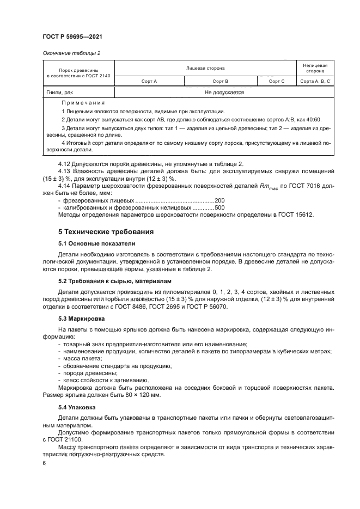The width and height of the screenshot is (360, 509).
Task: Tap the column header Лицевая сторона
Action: (x=205, y=68)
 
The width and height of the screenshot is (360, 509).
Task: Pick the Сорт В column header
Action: (x=220, y=81)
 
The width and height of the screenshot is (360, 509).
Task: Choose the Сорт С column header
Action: (x=277, y=81)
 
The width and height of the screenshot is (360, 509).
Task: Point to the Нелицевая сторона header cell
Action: (x=315, y=68)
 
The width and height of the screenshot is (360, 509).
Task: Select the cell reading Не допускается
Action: (x=224, y=93)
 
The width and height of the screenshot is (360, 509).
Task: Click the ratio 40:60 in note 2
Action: (x=313, y=119)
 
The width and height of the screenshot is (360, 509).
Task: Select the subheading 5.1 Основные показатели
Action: (x=96, y=243)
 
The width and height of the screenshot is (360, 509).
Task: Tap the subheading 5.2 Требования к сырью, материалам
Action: (x=115, y=281)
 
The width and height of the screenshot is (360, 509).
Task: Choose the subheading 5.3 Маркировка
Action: (x=82, y=317)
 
